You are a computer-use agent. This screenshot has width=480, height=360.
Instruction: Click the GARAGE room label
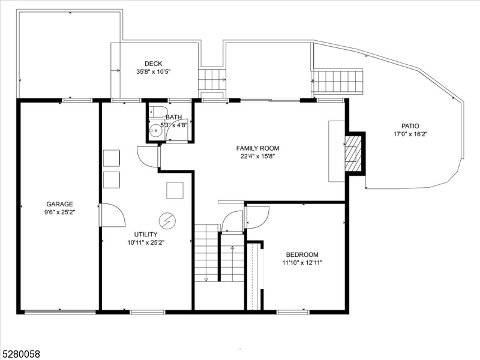coord(59,204)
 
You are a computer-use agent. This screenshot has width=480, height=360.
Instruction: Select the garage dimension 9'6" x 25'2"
coord(59,212)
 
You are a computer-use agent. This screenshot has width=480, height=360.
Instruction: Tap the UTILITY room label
coord(146,235)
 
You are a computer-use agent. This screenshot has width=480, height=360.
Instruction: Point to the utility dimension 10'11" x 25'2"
coord(146,242)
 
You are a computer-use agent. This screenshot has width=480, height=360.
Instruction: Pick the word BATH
coord(174,117)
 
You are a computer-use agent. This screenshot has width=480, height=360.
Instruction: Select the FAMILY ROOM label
coord(257,148)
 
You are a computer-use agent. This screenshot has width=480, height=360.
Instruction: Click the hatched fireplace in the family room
coord(353,153)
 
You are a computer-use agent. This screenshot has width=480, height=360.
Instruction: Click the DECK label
coord(154,64)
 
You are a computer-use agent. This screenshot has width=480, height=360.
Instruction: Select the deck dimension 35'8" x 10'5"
coord(154,72)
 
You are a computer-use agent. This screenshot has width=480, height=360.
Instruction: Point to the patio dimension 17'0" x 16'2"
coord(410,134)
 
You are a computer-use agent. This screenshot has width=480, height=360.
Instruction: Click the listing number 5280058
coord(20,354)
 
